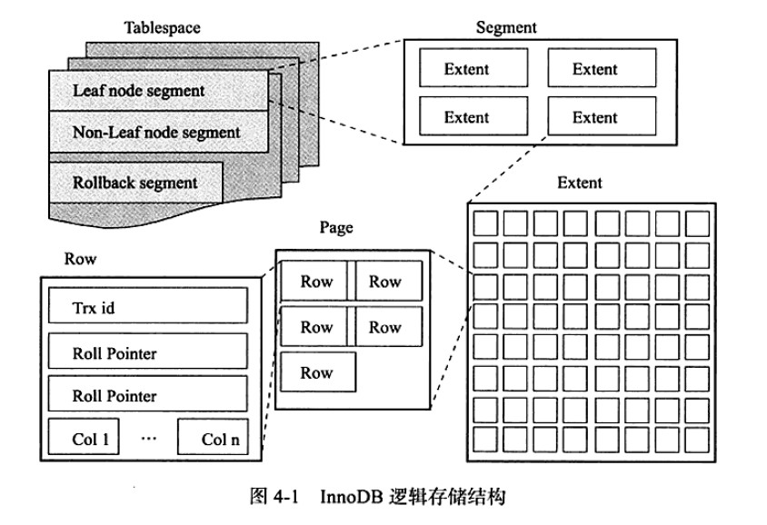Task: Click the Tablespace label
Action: click(x=162, y=27)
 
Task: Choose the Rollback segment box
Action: click(x=135, y=182)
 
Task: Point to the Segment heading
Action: click(x=506, y=27)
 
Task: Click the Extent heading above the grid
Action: click(x=579, y=183)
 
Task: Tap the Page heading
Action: click(x=336, y=228)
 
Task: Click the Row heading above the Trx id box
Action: click(x=80, y=259)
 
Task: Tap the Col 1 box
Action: click(x=92, y=440)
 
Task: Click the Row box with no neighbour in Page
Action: click(x=317, y=372)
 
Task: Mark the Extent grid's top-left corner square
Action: click(x=487, y=223)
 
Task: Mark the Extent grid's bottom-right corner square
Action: click(x=698, y=439)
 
